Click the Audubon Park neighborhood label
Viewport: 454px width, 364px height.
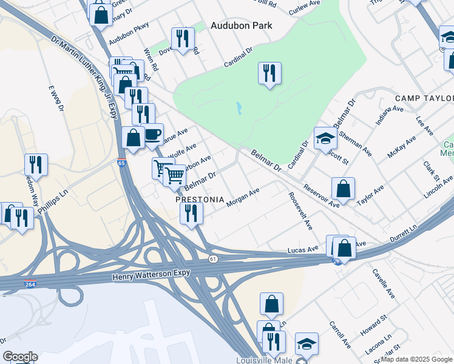click(241, 25)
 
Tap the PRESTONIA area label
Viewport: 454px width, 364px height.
click(200, 200)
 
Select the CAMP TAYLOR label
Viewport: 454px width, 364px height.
click(424, 98)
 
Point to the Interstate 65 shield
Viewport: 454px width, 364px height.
click(122, 163)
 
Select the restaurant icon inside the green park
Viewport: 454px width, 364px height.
click(269, 73)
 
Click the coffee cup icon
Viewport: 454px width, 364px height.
click(152, 134)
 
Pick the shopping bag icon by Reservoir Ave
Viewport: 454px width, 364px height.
click(343, 189)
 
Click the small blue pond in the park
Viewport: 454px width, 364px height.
click(239, 109)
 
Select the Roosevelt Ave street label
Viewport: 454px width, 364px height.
click(300, 211)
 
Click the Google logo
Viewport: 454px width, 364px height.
click(20, 357)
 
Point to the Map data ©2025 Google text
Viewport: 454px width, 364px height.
click(416, 359)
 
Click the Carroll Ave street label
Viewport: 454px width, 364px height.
click(339, 334)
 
